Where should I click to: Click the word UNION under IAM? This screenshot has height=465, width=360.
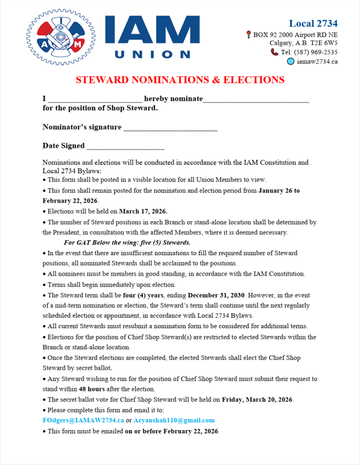pyautogui.click(x=152, y=54)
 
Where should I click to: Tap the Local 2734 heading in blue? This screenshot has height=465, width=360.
pyautogui.click(x=313, y=23)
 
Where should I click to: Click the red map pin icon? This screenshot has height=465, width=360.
pyautogui.click(x=249, y=34)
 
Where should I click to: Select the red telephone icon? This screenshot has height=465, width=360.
pyautogui.click(x=274, y=52)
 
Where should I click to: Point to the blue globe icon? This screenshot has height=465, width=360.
pyautogui.click(x=290, y=61)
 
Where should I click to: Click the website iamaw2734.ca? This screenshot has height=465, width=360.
pyautogui.click(x=317, y=61)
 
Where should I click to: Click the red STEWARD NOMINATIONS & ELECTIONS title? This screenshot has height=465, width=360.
pyautogui.click(x=180, y=80)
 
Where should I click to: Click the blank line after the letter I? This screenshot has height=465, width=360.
pyautogui.click(x=95, y=100)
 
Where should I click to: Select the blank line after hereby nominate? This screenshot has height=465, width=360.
pyautogui.click(x=256, y=100)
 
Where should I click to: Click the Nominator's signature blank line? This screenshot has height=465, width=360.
pyautogui.click(x=171, y=129)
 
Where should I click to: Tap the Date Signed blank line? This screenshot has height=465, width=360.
pyautogui.click(x=126, y=148)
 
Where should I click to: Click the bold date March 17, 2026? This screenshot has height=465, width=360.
pyautogui.click(x=143, y=211)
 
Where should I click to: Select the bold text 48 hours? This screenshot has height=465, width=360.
pyautogui.click(x=92, y=389)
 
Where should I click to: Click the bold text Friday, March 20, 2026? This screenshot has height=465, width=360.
pyautogui.click(x=258, y=400)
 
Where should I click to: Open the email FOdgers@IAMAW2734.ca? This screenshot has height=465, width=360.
pyautogui.click(x=83, y=421)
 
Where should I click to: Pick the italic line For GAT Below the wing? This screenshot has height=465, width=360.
pyautogui.click(x=127, y=243)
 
